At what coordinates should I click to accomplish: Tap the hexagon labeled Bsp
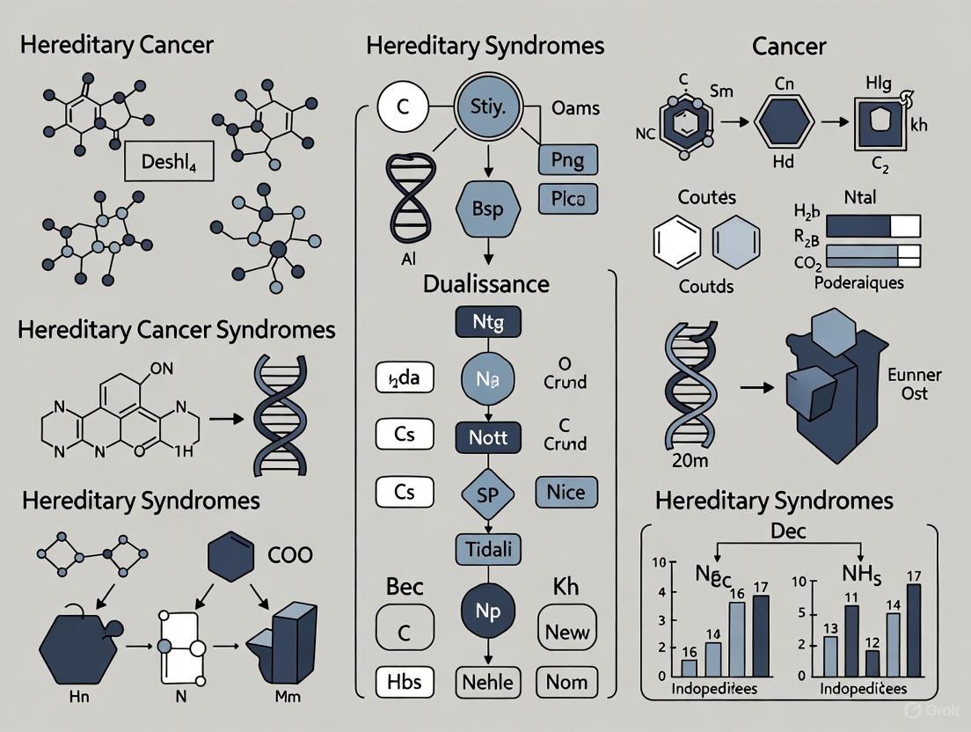(488, 208)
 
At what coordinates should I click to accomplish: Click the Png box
(567, 161)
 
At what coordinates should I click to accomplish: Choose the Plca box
(567, 200)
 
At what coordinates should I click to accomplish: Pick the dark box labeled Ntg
(488, 321)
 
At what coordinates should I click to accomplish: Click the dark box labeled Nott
(488, 436)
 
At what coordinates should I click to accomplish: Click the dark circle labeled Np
(488, 612)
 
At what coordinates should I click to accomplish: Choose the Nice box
(566, 493)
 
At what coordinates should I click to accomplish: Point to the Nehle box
(488, 682)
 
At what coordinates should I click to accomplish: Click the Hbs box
(405, 682)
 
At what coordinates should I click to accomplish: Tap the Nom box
(566, 682)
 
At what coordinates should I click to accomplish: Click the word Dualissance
(486, 284)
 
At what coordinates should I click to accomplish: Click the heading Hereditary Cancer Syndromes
(176, 330)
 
